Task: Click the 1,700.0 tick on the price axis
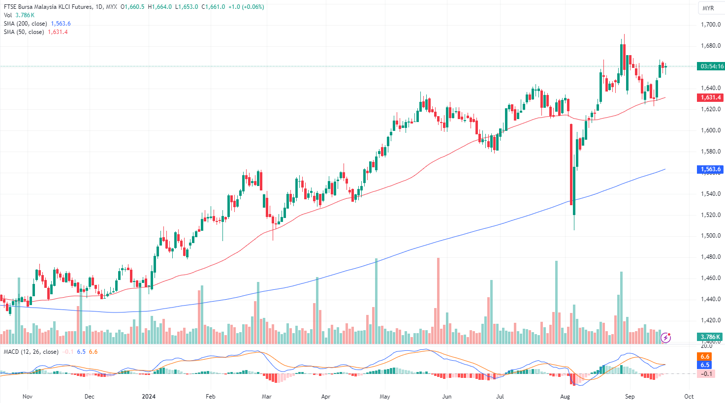tap(710, 25)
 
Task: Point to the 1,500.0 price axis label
tap(710, 236)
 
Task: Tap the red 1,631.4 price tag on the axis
tap(710, 97)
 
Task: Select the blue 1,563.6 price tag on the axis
tap(710, 169)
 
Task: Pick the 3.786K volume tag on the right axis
tap(710, 337)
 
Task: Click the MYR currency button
tap(708, 8)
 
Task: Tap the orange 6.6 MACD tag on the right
tap(705, 357)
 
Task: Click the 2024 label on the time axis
tap(148, 396)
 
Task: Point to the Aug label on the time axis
tap(565, 396)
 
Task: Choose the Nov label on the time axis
tap(28, 396)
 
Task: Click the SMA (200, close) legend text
tap(26, 24)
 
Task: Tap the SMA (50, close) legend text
tap(24, 32)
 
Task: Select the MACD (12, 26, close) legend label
tap(31, 352)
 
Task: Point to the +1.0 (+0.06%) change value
tap(246, 7)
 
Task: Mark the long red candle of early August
tap(571, 164)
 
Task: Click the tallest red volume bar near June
tap(438, 300)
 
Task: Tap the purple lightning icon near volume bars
tap(665, 338)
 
